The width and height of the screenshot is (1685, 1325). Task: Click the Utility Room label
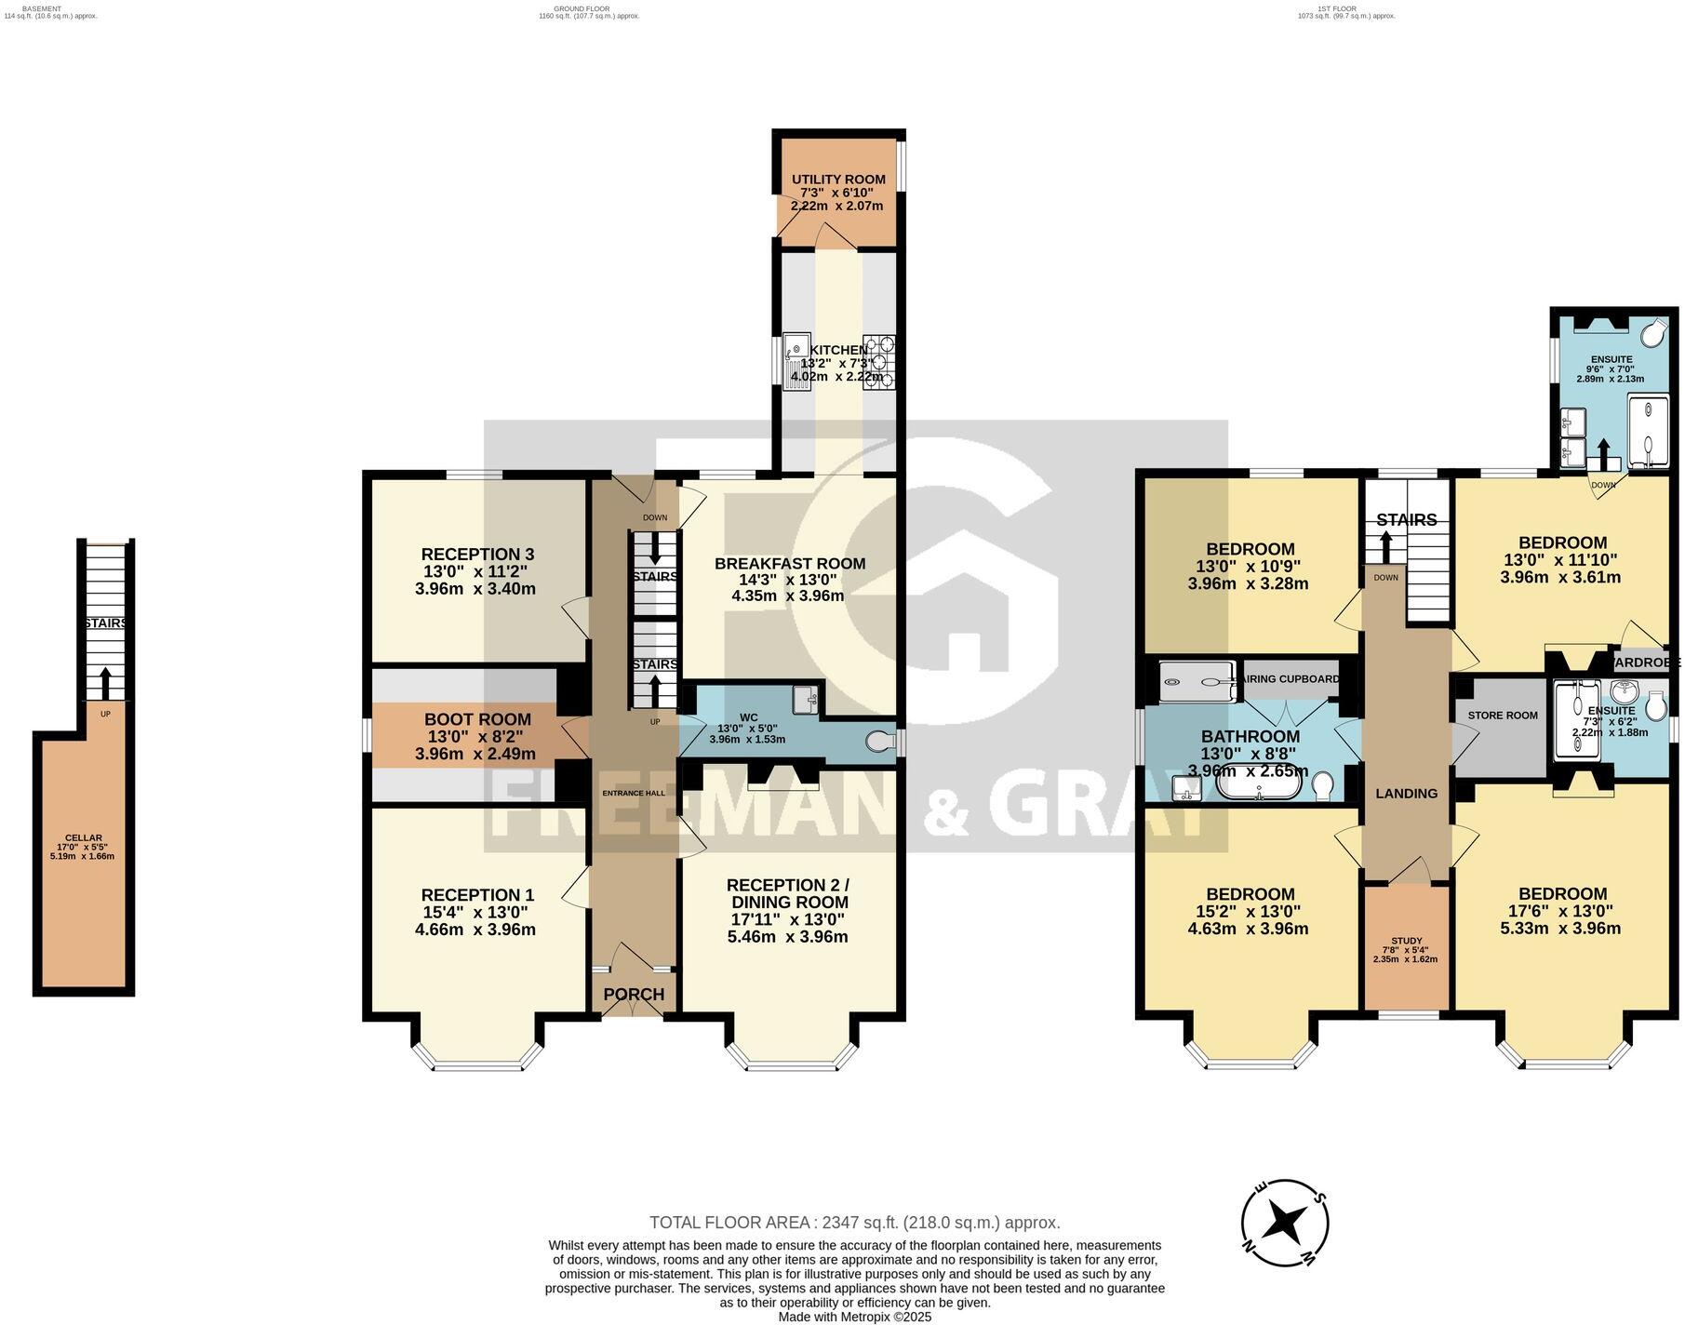838,180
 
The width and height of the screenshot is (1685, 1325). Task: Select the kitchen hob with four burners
878,361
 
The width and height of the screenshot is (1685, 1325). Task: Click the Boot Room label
477,719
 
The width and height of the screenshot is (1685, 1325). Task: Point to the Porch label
634,994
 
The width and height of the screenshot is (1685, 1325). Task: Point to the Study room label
1406,941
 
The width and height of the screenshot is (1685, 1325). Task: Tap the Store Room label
1502,715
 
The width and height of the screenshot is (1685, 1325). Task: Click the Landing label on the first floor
1406,793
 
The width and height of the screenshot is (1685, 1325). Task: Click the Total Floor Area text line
854,1223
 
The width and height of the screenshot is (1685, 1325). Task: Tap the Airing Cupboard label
1291,679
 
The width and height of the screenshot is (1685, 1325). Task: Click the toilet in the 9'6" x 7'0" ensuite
1652,333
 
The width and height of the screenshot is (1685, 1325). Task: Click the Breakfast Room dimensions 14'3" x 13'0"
789,580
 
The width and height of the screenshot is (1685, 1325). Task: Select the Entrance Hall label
634,793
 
